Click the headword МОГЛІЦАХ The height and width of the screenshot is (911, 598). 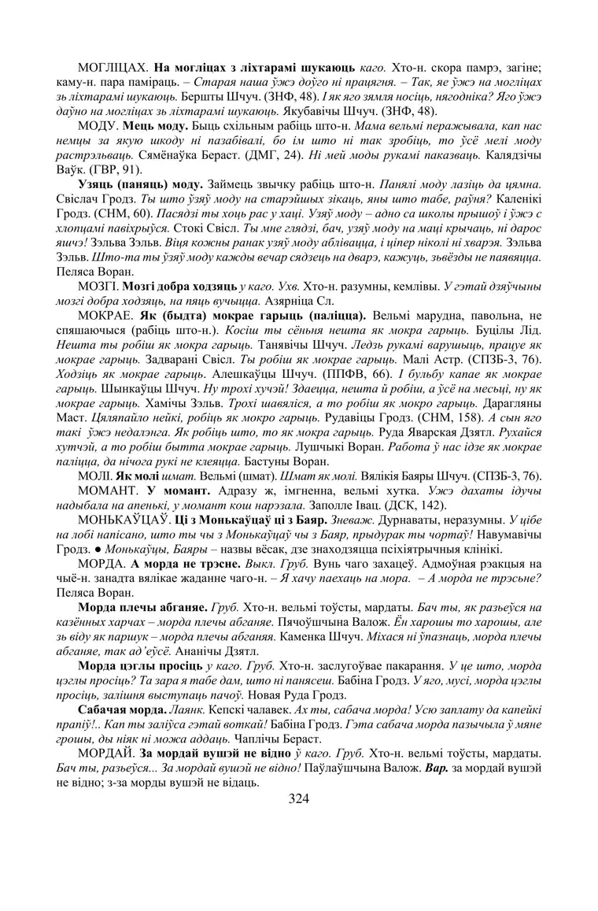(x=113, y=46)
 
